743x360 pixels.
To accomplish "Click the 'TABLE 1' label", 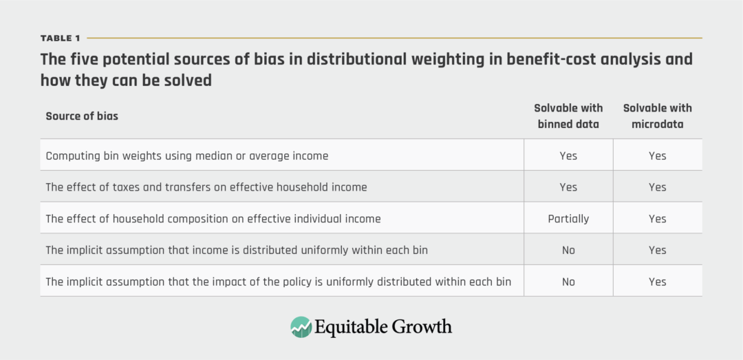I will coord(60,38).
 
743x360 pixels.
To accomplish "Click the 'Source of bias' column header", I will coord(82,116).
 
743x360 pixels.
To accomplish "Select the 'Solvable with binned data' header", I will coord(568,116).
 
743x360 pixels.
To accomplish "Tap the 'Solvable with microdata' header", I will coord(657,116).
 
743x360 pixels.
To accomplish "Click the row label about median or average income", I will coord(187,156).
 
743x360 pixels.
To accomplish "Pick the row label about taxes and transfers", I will coord(206,187).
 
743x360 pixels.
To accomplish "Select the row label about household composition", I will coord(213,219).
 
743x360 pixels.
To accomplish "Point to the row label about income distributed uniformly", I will coord(237,250).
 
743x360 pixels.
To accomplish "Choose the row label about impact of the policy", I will coord(279,282).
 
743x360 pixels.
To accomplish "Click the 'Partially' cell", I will coord(568,219).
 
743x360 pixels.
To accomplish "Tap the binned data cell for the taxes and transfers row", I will coord(568,187).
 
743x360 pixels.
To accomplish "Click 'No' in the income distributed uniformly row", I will coord(568,250).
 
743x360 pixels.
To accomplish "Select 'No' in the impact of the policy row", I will coord(568,282).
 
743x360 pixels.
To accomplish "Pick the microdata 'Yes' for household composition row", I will coord(657,219).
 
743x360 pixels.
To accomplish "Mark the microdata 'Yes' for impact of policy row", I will coord(657,282).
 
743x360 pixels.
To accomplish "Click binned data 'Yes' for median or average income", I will coord(568,156).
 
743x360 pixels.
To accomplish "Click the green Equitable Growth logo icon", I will coord(301,326).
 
